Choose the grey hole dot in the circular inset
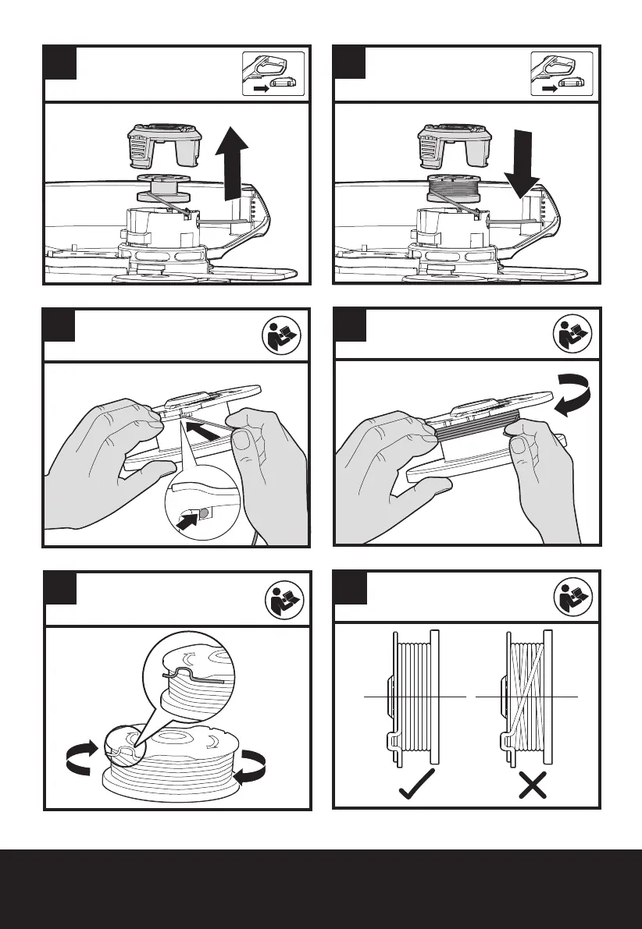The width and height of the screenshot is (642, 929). (x=202, y=512)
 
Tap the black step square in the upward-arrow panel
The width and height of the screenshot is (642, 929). (x=60, y=62)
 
